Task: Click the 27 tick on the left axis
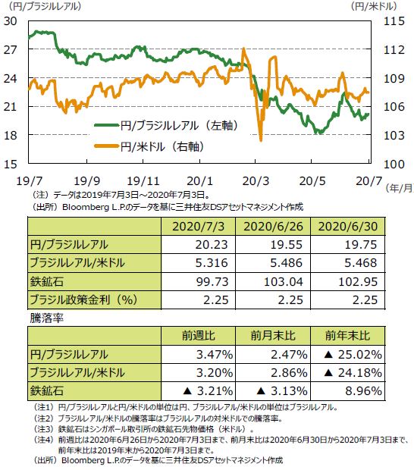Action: coord(11,49)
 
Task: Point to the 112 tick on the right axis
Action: coord(394,49)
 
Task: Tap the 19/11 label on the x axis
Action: coord(143,181)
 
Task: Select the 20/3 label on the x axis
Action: coord(256,181)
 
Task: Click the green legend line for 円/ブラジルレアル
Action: coord(107,125)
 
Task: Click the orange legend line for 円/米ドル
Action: coord(107,146)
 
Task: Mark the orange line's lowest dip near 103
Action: coord(261,139)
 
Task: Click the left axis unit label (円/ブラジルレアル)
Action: coord(45,6)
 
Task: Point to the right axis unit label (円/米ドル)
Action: coord(374,6)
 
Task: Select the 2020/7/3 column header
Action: coord(198,227)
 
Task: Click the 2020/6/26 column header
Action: coord(273,227)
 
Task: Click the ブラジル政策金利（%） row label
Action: coord(83,299)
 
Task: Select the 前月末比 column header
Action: coord(273,336)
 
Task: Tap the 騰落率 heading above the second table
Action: coord(47,318)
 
